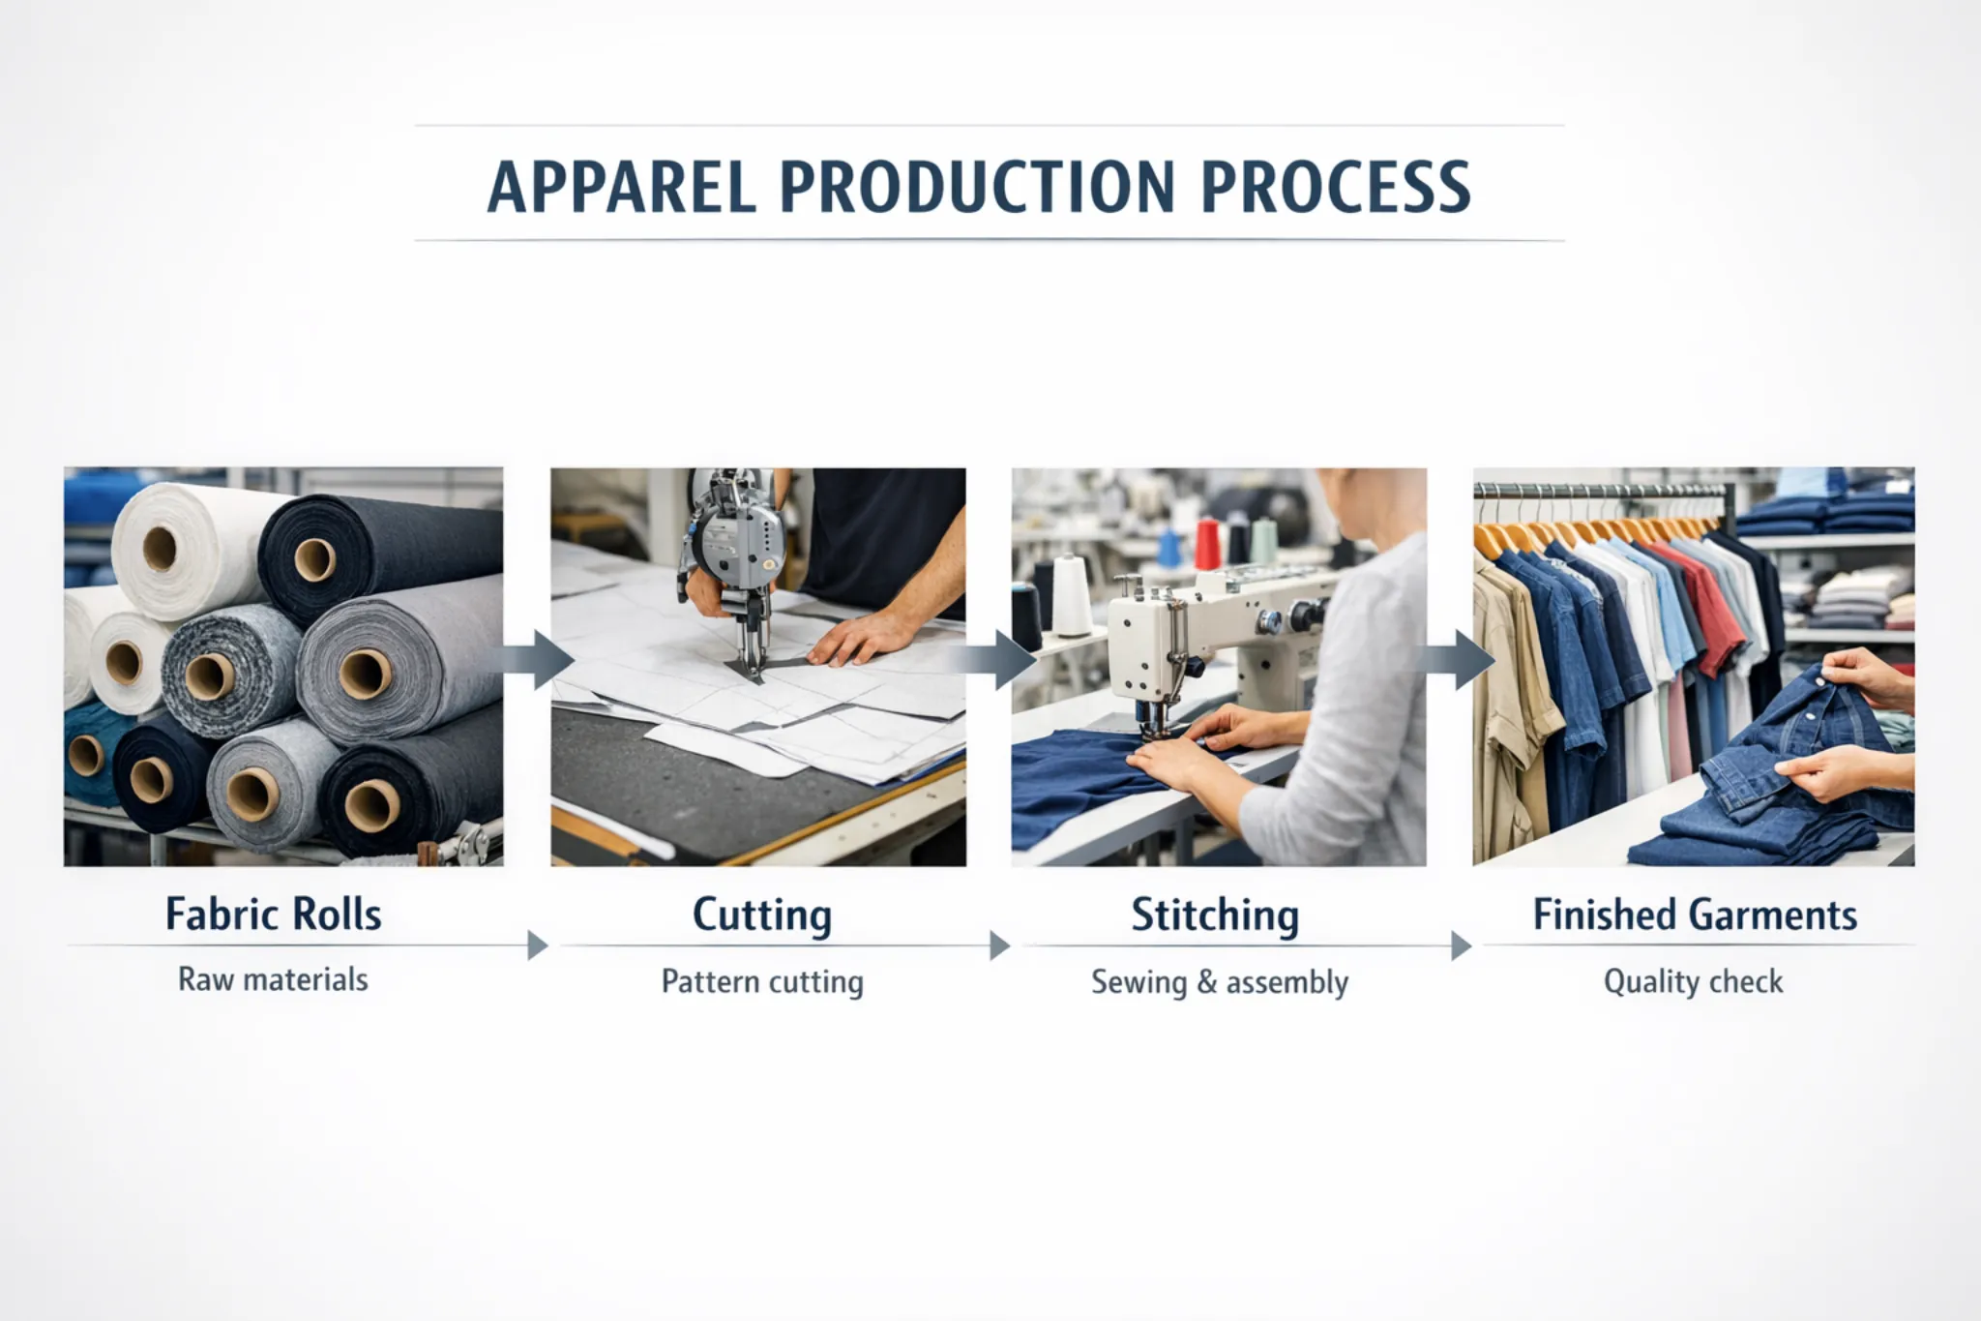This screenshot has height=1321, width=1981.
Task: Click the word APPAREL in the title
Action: point(621,187)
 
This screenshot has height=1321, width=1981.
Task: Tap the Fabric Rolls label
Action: point(273,915)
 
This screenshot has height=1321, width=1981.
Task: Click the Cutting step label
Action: point(762,916)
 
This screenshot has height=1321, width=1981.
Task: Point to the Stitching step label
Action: point(1215,916)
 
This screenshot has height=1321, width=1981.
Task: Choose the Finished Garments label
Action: point(1695,916)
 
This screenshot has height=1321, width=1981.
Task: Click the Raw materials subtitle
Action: point(273,979)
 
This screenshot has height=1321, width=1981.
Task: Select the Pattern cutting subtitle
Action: point(762,981)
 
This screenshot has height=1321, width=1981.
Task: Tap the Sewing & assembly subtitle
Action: point(1220,981)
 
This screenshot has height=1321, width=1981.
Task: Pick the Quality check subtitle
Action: point(1693,981)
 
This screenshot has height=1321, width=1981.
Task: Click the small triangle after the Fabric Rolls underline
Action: point(537,945)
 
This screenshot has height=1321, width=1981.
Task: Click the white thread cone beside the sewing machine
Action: point(1071,595)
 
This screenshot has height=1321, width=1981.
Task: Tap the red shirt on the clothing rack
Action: point(1712,610)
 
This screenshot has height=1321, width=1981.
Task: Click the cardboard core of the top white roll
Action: point(160,549)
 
